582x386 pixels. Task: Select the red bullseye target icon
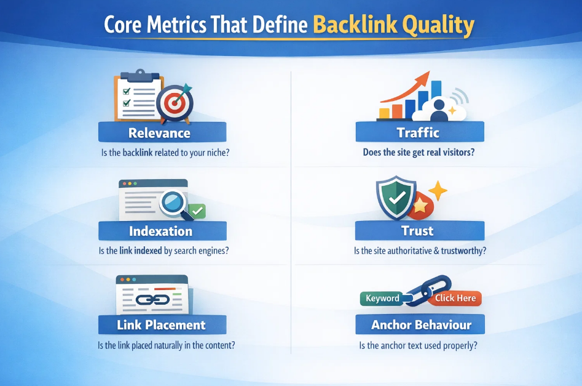[x=173, y=103]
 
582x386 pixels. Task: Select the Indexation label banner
[x=160, y=231]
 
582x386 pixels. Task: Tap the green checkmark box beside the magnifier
[x=197, y=211]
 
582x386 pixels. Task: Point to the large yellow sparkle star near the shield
[x=437, y=191]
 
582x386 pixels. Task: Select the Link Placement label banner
[x=161, y=325]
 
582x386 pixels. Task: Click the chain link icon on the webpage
[x=151, y=300]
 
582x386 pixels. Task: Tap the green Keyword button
[x=382, y=298]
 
